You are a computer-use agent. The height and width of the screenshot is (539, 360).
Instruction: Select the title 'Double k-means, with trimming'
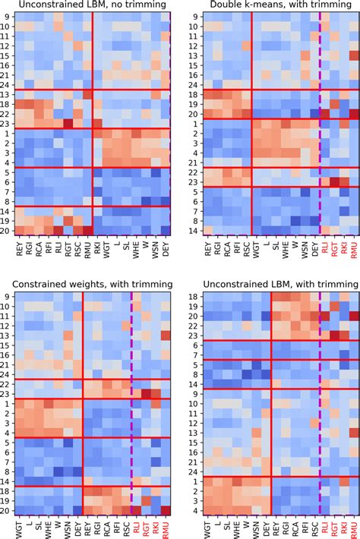273,6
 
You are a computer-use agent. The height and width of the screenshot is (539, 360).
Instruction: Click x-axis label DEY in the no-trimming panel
165,250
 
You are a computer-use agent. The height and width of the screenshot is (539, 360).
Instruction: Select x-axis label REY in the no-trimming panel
20,250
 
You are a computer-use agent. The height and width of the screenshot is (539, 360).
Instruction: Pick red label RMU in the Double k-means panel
353,251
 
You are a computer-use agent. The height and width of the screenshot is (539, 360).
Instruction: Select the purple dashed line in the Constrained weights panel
131,402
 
